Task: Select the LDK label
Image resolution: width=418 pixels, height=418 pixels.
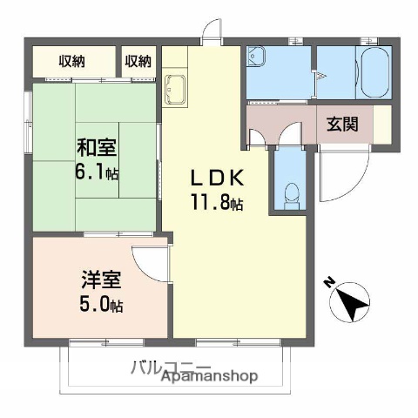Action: [x=218, y=177]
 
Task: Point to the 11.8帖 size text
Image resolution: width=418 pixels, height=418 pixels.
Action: [x=218, y=204]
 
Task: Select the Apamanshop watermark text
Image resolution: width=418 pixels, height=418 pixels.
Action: [x=209, y=376]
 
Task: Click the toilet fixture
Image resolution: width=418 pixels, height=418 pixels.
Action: [x=291, y=194]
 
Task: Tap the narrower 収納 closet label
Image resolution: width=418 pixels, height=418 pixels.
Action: [x=138, y=61]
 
